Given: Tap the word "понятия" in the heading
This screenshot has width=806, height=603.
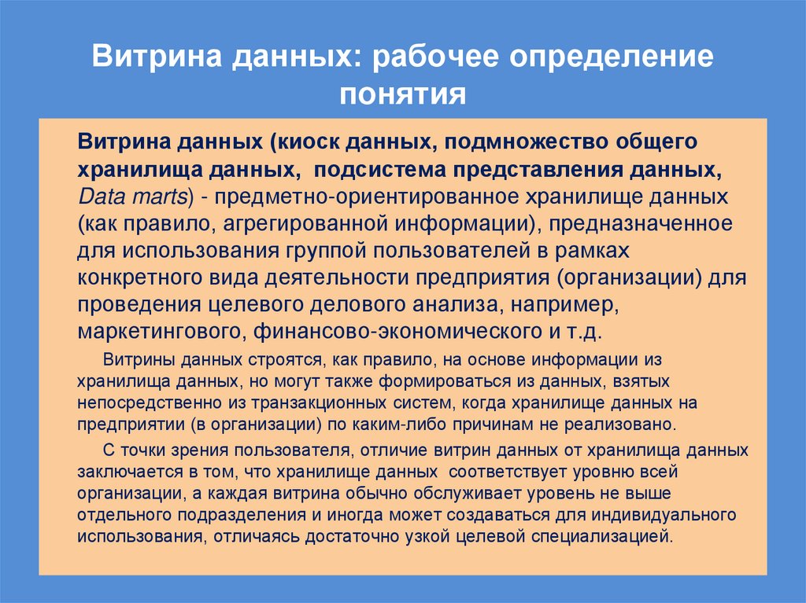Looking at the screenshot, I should coord(402,95).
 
